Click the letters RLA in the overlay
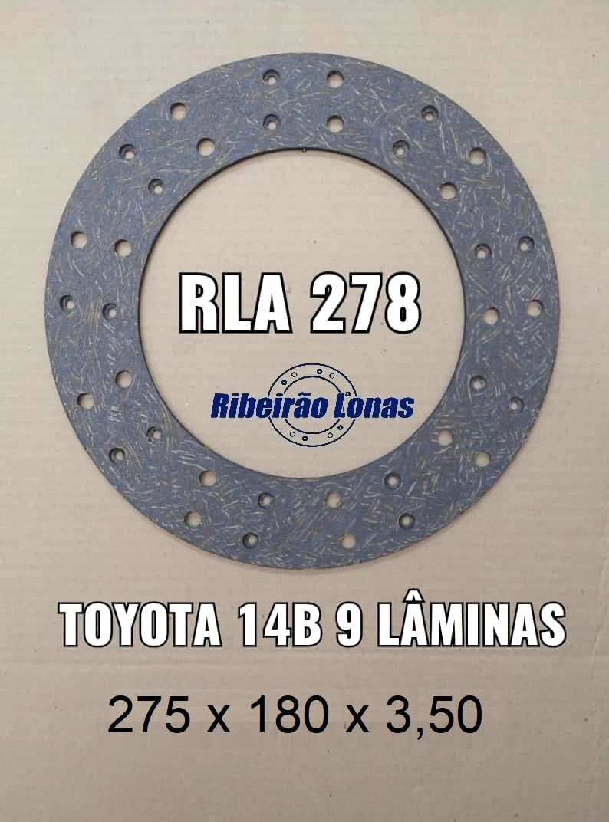point(235,304)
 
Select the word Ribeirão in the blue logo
point(269,406)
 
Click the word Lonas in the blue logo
point(374,406)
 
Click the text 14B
point(279,626)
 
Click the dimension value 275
point(149,713)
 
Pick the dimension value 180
point(289,713)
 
